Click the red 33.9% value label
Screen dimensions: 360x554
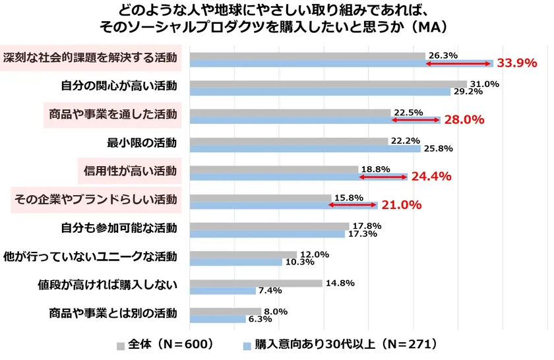point(517,64)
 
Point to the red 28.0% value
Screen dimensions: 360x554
point(464,120)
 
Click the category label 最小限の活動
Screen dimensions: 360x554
point(142,142)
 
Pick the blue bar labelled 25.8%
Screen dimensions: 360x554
point(305,148)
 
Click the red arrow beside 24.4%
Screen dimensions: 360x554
point(383,177)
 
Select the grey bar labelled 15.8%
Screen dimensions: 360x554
point(260,198)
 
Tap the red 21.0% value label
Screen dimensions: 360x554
point(402,205)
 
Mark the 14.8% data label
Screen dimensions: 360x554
point(340,283)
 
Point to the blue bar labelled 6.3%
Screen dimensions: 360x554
point(220,319)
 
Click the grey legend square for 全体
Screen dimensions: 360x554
point(121,345)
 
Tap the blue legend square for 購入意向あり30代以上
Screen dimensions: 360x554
point(247,345)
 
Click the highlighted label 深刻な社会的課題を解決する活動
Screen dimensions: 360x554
point(90,57)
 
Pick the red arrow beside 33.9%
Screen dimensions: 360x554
point(459,63)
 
